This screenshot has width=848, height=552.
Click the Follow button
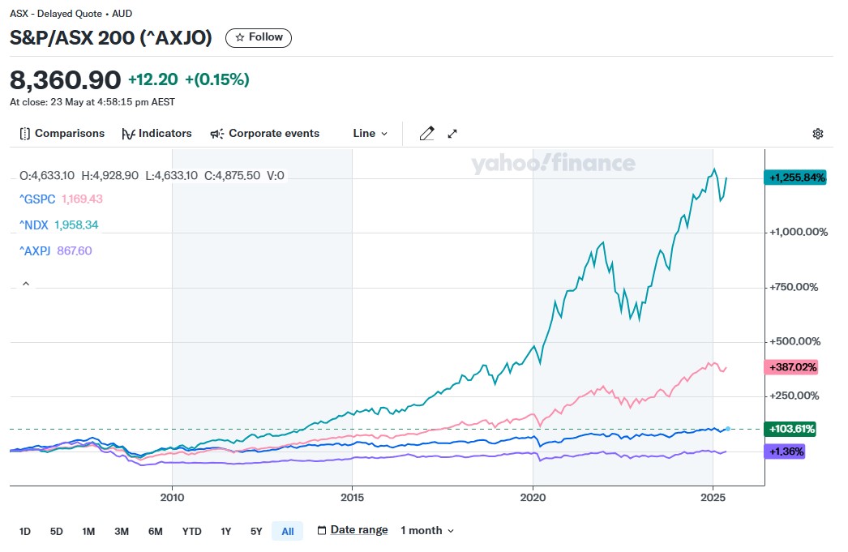click(x=259, y=37)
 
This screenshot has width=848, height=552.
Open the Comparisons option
click(x=62, y=134)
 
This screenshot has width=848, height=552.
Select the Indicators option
click(x=156, y=134)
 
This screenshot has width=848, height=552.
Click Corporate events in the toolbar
click(x=265, y=134)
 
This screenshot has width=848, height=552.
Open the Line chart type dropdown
click(x=370, y=134)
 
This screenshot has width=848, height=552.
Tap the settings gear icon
click(x=818, y=134)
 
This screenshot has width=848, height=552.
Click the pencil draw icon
click(x=426, y=134)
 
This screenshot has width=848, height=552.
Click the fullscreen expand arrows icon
click(x=452, y=134)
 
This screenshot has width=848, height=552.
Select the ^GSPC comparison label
click(x=37, y=199)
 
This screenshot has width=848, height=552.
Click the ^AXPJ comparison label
click(x=36, y=250)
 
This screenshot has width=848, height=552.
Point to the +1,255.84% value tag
click(x=794, y=178)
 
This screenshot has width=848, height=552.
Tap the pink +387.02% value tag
click(x=790, y=367)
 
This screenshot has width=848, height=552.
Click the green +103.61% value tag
click(x=790, y=429)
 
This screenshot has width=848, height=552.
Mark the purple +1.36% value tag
click(x=784, y=451)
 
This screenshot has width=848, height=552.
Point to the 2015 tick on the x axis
click(x=352, y=497)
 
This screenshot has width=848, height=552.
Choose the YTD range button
click(x=191, y=532)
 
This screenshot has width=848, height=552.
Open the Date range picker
click(x=352, y=530)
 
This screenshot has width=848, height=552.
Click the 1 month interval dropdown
click(x=427, y=531)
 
